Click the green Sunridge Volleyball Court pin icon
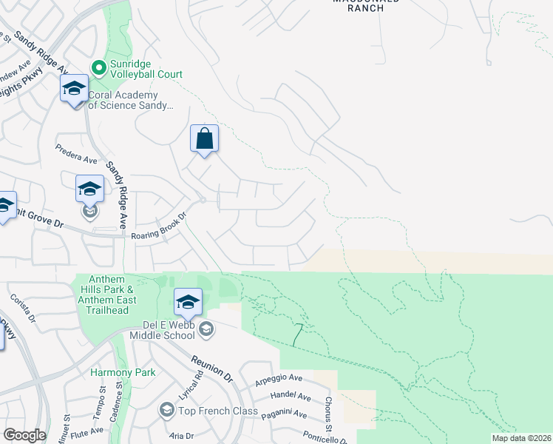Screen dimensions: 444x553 point(98,67)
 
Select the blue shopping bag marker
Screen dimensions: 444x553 point(204,138)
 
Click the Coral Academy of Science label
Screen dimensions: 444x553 point(131,100)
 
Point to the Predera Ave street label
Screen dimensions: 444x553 point(77,153)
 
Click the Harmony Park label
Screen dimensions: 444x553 point(123,372)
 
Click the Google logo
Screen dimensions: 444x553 point(24,435)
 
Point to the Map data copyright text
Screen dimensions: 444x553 point(521,438)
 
